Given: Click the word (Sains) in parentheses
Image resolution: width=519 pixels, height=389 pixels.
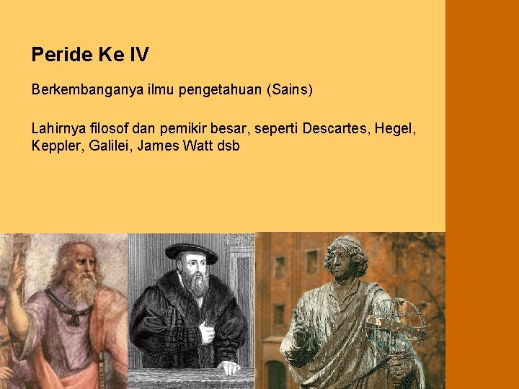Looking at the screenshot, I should tap(290, 91).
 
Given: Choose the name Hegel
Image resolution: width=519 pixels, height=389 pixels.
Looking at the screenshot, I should tap(395, 130).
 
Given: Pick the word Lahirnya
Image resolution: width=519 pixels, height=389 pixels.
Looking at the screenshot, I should tap(56, 129).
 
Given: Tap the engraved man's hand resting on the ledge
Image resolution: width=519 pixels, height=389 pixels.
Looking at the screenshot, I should tap(229, 367).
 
